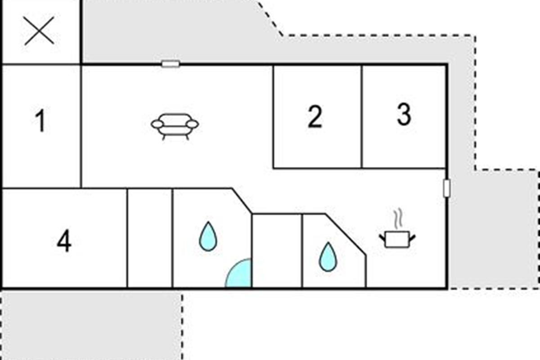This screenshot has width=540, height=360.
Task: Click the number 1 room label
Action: (40, 121)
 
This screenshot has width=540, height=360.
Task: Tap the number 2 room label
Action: (315, 117)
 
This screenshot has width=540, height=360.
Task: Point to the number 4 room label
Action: (64, 242)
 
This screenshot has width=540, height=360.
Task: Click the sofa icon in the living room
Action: (175, 126)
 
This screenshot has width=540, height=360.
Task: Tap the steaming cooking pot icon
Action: (396, 238)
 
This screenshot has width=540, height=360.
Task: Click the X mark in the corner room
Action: (40, 31)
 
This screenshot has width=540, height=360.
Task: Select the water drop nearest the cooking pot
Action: (328, 257)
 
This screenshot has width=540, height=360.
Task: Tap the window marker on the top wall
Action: (171, 64)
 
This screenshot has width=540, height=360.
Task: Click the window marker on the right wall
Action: (446, 188)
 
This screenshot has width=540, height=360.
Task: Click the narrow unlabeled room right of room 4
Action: (150, 238)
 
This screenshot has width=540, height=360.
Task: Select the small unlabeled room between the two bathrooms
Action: (277, 250)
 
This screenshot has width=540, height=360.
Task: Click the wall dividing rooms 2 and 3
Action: (362, 117)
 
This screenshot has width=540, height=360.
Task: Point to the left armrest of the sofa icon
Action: (157, 124)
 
